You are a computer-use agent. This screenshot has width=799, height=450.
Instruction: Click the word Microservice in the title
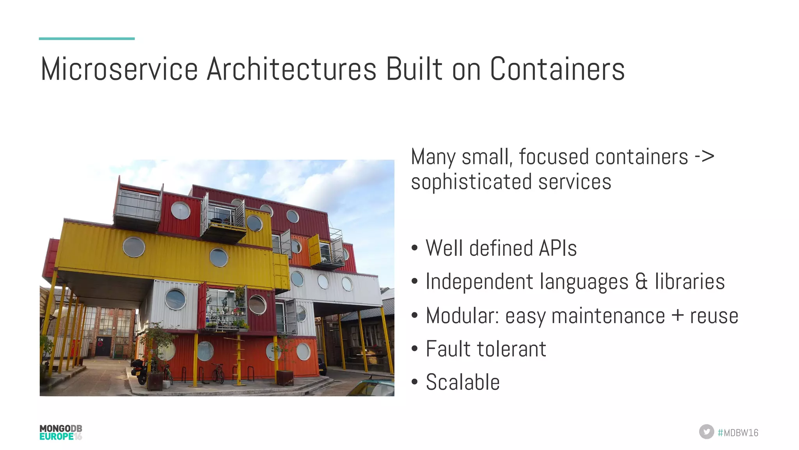pos(119,69)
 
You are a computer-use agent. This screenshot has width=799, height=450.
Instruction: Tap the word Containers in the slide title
pos(557,69)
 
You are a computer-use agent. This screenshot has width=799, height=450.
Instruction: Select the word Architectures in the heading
pos(291,69)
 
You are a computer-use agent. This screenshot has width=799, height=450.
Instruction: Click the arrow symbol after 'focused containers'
pos(704,157)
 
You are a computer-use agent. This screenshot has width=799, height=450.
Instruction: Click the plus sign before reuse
pos(678,315)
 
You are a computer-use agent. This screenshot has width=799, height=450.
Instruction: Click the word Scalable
pos(463,382)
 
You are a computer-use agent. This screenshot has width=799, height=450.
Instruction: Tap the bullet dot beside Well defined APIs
pos(414,248)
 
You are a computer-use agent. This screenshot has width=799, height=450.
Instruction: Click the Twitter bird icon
pos(706,432)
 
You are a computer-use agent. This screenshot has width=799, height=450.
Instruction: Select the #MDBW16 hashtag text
pos(738,432)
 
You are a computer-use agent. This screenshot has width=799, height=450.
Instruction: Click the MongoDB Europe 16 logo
pos(61,432)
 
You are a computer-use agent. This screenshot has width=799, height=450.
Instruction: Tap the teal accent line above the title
pos(87,39)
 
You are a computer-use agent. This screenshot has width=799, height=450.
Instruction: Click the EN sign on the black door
pos(101,340)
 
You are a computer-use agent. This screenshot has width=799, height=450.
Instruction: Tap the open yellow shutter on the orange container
pos(314,249)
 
